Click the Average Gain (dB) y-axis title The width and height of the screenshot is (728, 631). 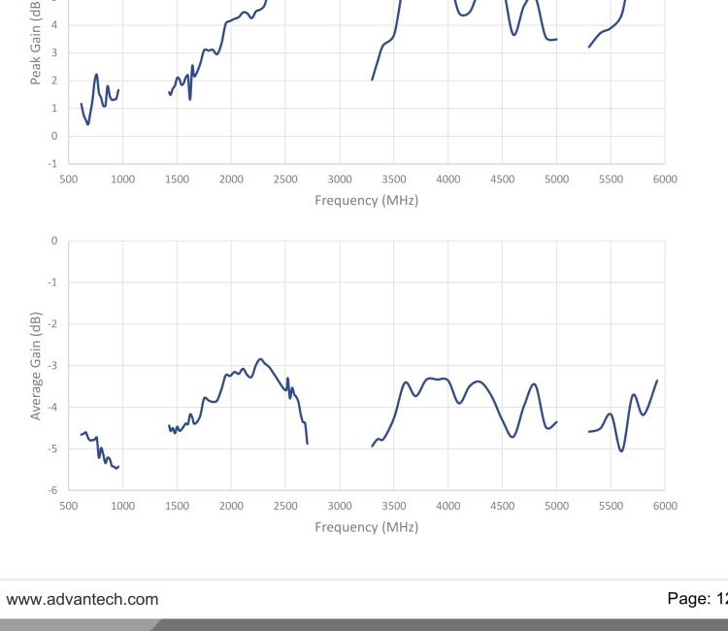[x=36, y=365]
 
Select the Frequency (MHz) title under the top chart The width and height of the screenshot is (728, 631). [x=366, y=201]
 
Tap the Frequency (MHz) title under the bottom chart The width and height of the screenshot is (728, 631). [x=366, y=527]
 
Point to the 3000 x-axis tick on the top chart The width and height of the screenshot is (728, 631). [x=340, y=179]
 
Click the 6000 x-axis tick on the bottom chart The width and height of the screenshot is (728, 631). [x=665, y=506]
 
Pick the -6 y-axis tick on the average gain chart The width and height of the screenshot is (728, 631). [x=54, y=490]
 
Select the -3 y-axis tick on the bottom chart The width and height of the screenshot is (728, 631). [x=54, y=365]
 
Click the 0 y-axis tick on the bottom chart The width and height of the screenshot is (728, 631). [x=54, y=240]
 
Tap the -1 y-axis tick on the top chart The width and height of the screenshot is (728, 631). [x=53, y=163]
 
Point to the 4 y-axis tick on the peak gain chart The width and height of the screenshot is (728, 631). [x=54, y=24]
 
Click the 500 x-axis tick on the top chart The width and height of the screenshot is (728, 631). [x=68, y=179]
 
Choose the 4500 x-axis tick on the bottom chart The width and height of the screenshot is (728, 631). [x=502, y=506]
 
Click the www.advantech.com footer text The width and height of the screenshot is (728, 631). [x=83, y=599]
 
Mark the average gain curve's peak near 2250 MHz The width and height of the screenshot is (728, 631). [x=259, y=359]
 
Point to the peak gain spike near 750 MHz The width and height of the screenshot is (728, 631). [x=96, y=74]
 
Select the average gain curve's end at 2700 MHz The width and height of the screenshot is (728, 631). [x=307, y=444]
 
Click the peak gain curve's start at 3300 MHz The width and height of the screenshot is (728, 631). [x=373, y=80]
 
